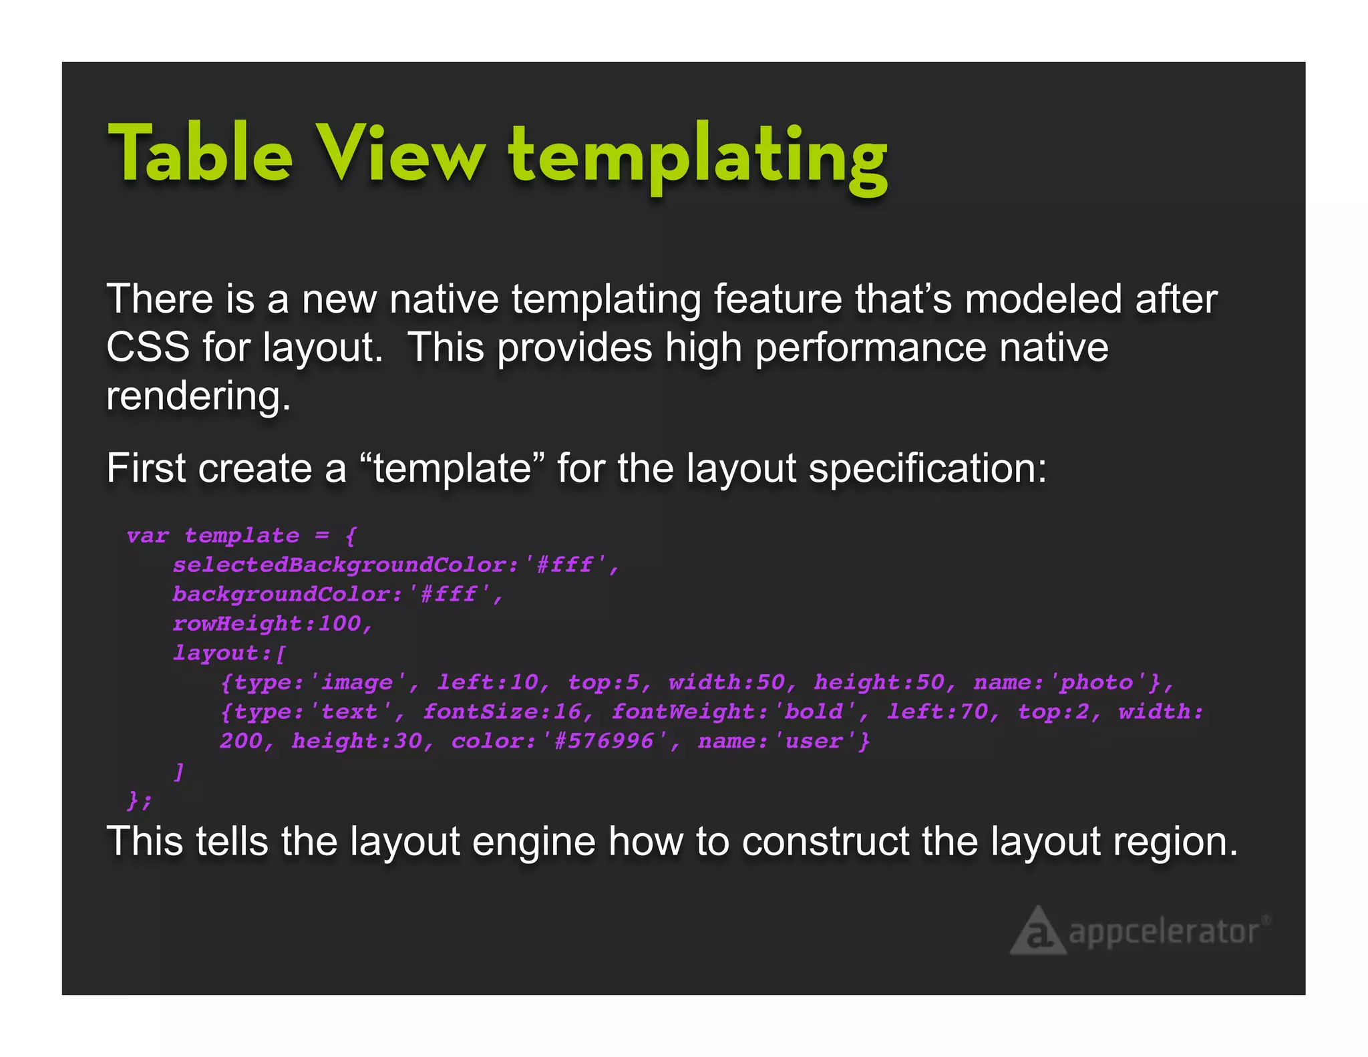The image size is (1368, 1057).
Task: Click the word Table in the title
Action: (x=200, y=154)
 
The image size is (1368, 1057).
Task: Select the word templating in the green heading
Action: (x=697, y=157)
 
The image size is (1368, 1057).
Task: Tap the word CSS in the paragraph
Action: (x=148, y=347)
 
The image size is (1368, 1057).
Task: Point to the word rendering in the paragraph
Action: (x=198, y=396)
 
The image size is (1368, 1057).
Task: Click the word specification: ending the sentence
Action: (x=928, y=468)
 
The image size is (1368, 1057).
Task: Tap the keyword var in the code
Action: (x=148, y=536)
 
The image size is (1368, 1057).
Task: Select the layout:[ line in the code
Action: (x=229, y=653)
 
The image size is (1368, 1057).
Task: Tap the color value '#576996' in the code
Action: (x=604, y=742)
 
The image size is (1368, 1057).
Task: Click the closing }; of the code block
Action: (x=140, y=800)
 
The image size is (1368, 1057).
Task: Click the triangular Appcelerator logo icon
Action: (x=1037, y=931)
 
